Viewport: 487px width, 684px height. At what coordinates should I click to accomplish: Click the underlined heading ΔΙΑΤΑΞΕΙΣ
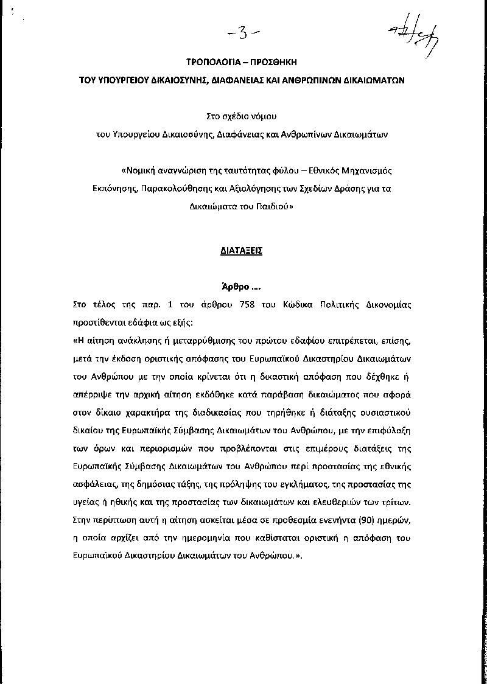click(242, 251)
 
